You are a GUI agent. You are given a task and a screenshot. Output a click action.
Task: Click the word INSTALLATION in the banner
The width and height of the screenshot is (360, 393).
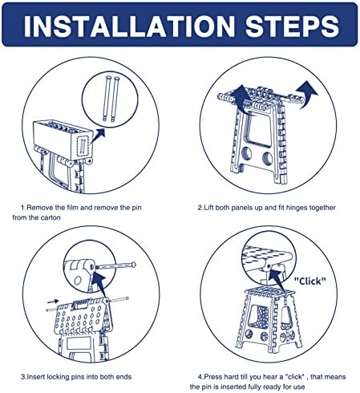tap(129, 26)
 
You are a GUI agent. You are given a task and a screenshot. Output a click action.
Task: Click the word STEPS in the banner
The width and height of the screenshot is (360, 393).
tap(292, 26)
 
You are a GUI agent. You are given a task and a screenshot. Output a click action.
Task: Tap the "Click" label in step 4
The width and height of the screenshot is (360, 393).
tap(310, 281)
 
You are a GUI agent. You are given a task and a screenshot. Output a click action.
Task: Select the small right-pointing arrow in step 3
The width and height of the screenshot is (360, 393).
tap(53, 302)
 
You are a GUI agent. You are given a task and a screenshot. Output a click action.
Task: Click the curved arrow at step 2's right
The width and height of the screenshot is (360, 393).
tap(307, 94)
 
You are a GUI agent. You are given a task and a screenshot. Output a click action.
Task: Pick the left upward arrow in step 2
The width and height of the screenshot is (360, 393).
tap(241, 99)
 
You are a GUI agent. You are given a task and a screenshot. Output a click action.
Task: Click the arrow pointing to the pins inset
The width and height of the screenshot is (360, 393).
tap(98, 136)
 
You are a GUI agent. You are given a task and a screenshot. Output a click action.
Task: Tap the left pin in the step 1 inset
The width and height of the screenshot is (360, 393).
tap(107, 99)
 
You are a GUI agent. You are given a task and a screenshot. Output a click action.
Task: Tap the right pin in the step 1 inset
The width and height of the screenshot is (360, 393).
tap(115, 99)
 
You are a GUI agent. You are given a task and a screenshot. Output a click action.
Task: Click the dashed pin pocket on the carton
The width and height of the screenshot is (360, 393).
tap(83, 145)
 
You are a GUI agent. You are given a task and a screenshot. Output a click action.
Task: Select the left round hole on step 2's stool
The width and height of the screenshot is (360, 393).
tap(246, 153)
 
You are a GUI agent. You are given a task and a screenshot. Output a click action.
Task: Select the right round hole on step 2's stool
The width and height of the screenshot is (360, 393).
tap(267, 158)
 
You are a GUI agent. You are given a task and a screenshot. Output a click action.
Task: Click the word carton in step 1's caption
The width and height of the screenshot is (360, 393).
tap(51, 217)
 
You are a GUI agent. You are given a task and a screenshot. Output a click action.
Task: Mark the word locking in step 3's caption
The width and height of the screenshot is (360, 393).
tap(59, 377)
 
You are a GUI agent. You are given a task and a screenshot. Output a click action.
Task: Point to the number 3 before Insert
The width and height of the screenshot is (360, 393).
tap(23, 377)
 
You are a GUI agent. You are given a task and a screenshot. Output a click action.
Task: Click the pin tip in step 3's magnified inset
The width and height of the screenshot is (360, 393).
tap(134, 265)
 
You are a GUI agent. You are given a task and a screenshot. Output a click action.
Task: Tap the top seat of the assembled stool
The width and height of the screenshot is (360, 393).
tap(270, 290)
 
